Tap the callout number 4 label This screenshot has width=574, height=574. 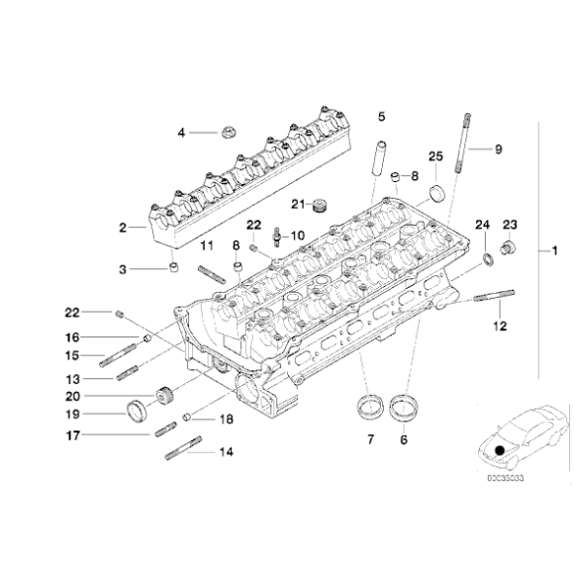point(181,133)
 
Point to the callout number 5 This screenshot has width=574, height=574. point(381,117)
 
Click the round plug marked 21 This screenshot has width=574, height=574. point(320,205)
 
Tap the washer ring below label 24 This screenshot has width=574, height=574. point(488,260)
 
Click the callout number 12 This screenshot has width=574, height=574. point(499,325)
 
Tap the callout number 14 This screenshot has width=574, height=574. point(225,452)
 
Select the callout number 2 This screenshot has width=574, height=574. point(125,228)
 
